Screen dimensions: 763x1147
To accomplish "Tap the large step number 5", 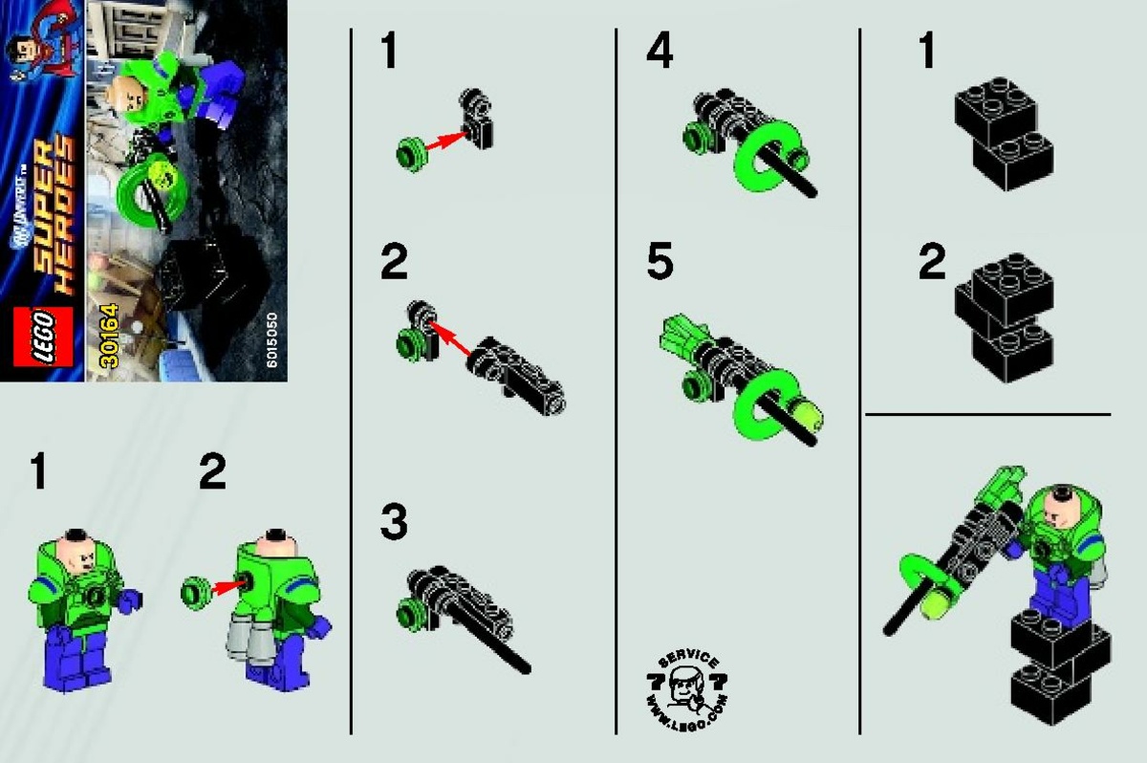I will pyautogui.click(x=660, y=262).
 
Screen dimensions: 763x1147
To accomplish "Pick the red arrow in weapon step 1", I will pyautogui.click(x=445, y=142).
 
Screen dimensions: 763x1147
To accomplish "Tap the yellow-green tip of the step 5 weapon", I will pyautogui.click(x=808, y=417).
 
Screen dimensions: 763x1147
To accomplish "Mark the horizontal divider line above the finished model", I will pyautogui.click(x=987, y=415).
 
